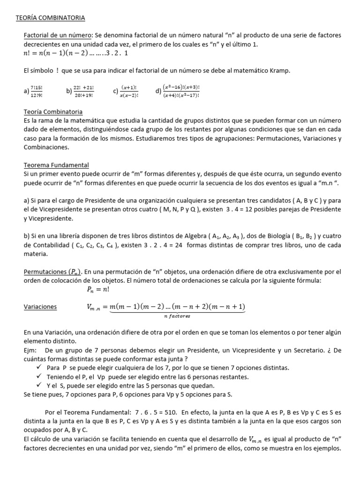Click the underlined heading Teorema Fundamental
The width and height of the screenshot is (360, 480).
(x=56, y=165)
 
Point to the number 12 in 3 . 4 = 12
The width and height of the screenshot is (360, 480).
(x=247, y=210)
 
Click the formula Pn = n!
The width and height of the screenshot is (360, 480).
(x=97, y=290)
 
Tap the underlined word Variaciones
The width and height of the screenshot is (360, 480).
(x=40, y=307)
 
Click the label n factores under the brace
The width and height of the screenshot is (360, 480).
(x=177, y=316)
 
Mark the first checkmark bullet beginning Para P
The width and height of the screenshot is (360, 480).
(x=39, y=367)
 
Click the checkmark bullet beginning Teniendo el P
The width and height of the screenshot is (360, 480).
(x=39, y=376)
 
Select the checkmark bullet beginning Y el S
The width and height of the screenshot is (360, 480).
(x=39, y=385)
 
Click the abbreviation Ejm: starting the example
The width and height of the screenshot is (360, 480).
(x=30, y=350)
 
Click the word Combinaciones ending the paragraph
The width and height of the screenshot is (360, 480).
(x=46, y=147)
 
